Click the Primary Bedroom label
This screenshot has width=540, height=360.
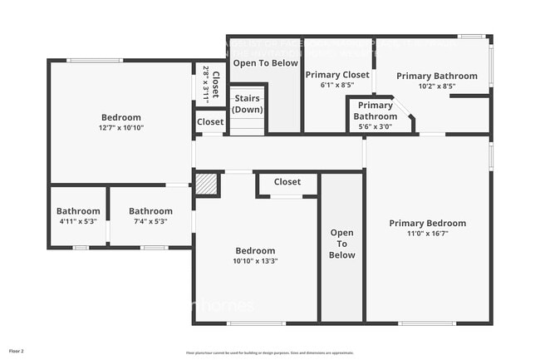(428, 223)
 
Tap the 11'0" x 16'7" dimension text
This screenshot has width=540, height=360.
(428, 234)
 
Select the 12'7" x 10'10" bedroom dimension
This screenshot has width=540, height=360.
(121, 128)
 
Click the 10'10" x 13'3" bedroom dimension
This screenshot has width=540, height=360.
(255, 261)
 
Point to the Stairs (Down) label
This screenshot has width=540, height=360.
(247, 104)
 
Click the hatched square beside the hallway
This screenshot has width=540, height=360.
(206, 185)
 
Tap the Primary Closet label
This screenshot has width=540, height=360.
(337, 75)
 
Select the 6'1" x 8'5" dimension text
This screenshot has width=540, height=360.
(337, 85)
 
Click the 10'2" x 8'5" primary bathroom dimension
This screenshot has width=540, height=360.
(436, 86)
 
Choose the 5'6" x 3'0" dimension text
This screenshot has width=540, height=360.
(376, 126)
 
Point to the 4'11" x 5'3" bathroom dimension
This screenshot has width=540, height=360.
(78, 221)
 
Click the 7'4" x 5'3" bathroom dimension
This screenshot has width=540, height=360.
(150, 221)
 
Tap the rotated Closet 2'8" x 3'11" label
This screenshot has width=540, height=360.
(211, 83)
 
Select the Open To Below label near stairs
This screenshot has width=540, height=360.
(266, 62)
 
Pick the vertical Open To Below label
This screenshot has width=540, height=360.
(342, 244)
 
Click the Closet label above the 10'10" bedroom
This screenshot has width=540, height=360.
(287, 182)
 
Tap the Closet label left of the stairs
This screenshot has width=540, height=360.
(210, 121)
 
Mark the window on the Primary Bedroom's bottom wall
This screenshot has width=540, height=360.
(426, 323)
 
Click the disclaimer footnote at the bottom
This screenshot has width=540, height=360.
(269, 353)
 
